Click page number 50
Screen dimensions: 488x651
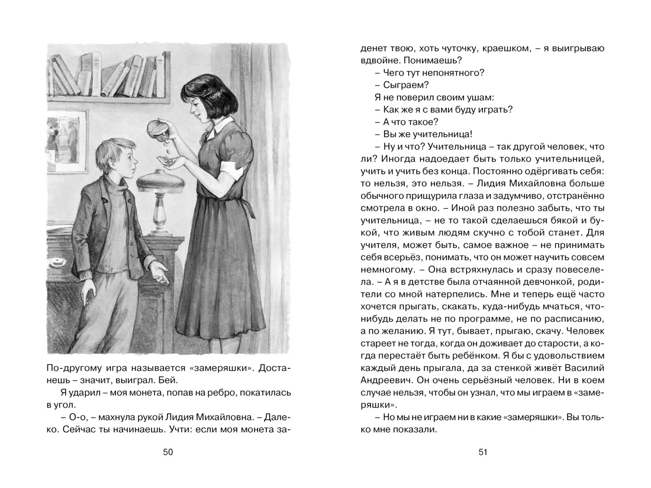pyautogui.click(x=167, y=453)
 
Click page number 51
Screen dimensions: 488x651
pyautogui.click(x=483, y=453)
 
